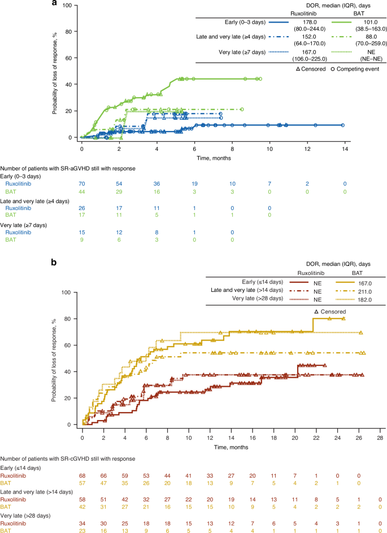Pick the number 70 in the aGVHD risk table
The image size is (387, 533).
(82, 184)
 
